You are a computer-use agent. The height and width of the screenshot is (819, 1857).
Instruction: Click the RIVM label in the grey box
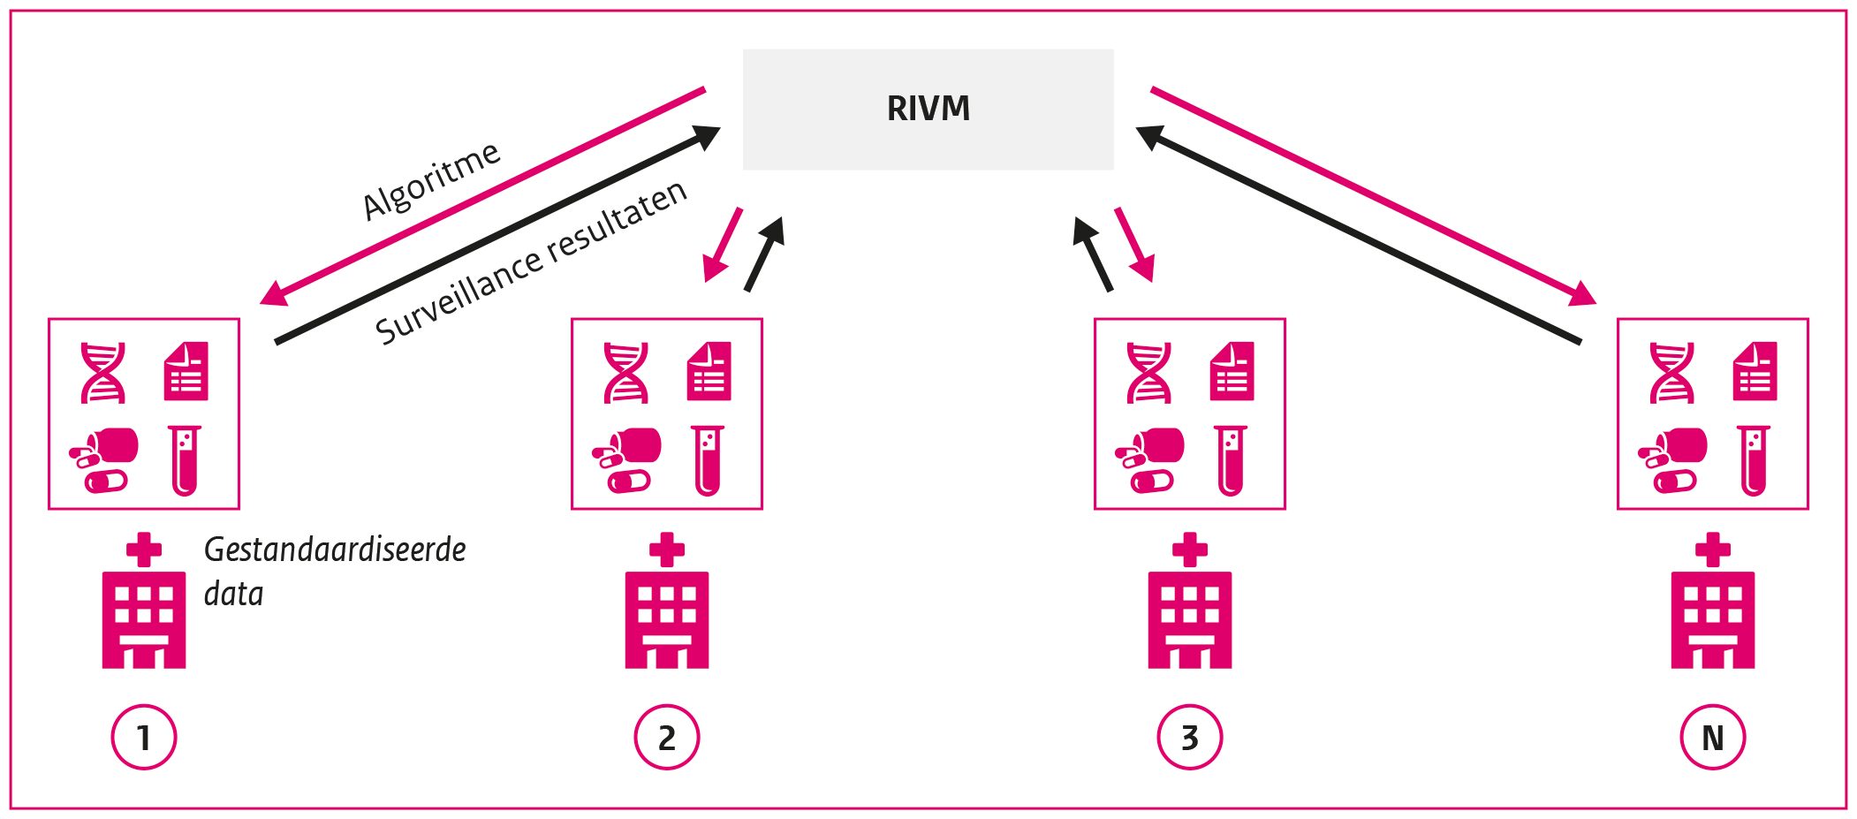928,109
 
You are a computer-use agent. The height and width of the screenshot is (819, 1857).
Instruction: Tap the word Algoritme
432,180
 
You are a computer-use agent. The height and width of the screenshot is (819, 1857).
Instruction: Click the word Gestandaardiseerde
335,550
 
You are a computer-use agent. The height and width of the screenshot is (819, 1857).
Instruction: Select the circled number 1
144,737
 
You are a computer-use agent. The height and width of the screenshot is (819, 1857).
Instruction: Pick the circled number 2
667,737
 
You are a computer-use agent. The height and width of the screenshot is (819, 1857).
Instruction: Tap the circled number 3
1190,737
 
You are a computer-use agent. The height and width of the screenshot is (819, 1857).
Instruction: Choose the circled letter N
1713,737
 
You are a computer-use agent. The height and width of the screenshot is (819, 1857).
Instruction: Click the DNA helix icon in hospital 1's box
102,373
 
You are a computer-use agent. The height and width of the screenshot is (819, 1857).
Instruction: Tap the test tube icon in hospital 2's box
708,460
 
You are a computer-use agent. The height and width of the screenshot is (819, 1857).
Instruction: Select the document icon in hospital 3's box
1232,372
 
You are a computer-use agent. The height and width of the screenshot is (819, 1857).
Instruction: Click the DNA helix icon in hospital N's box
1671,373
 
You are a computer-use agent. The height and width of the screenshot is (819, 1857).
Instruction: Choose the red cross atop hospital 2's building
667,550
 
